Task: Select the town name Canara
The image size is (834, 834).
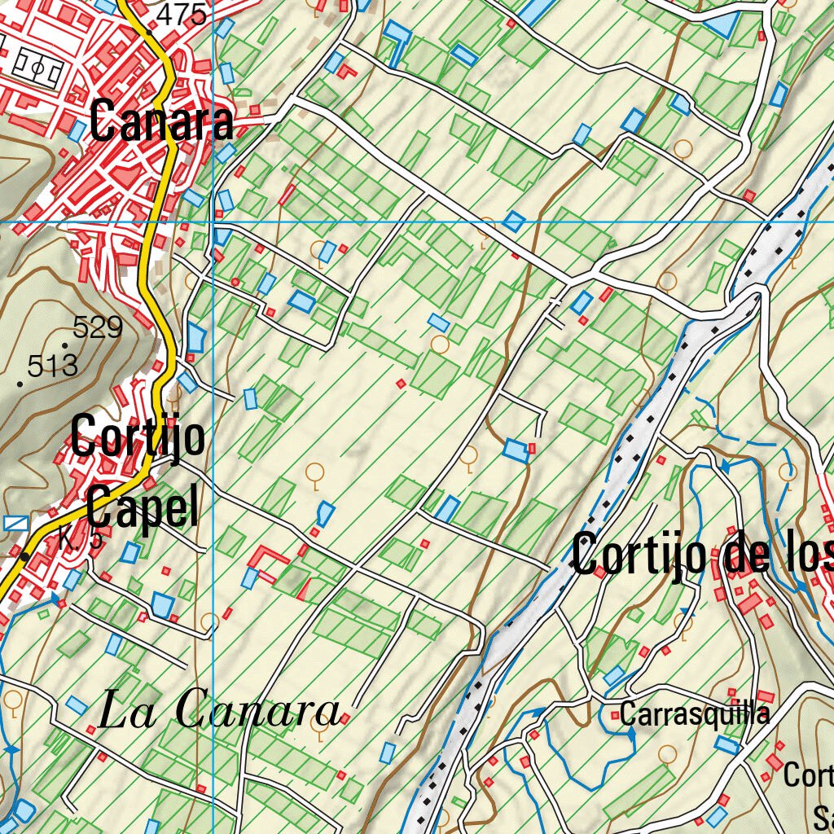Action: click(x=161, y=122)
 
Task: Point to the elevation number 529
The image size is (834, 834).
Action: click(x=97, y=327)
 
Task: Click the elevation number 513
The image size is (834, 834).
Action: click(x=52, y=366)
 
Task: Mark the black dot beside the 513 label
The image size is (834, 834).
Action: click(x=20, y=382)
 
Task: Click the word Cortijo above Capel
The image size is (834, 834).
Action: click(x=138, y=437)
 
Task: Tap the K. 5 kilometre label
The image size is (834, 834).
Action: click(x=80, y=540)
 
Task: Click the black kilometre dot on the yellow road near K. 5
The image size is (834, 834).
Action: click(x=25, y=556)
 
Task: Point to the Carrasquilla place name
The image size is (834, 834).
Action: click(x=694, y=714)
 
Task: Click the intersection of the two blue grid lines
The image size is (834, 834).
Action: click(x=213, y=222)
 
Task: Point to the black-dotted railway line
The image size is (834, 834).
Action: click(x=619, y=472)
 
